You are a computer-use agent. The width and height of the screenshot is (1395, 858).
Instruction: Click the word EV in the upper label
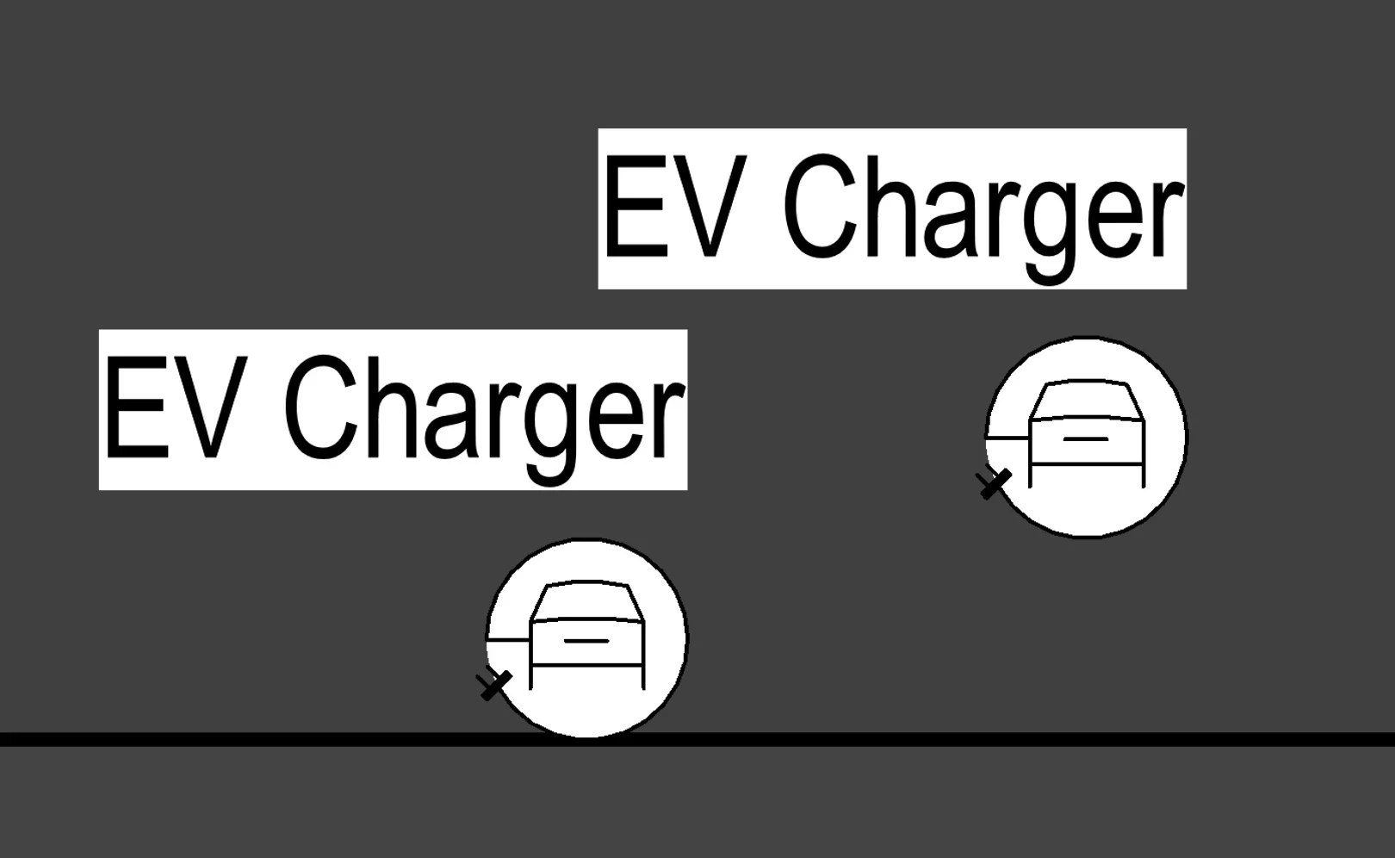point(673,208)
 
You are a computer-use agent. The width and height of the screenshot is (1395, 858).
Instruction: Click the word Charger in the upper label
point(983,212)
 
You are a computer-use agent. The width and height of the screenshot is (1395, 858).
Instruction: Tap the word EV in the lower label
point(171,408)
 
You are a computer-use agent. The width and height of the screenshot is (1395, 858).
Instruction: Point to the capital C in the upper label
point(819,207)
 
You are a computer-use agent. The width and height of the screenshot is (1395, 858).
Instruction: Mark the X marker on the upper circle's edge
point(994,482)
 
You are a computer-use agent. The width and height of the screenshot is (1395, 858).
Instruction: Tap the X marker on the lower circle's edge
point(494,685)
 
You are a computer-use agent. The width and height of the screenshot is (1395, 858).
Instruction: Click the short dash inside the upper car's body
point(1086,439)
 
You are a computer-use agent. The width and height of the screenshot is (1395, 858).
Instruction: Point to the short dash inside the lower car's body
point(586,641)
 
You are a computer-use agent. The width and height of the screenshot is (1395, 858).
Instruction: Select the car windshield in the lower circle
point(586,601)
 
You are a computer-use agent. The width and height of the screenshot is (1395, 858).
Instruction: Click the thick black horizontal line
point(947,740)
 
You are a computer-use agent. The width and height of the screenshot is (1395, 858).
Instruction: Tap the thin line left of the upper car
point(1008,438)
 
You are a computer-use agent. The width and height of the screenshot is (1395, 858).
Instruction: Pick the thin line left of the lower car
point(509,640)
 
